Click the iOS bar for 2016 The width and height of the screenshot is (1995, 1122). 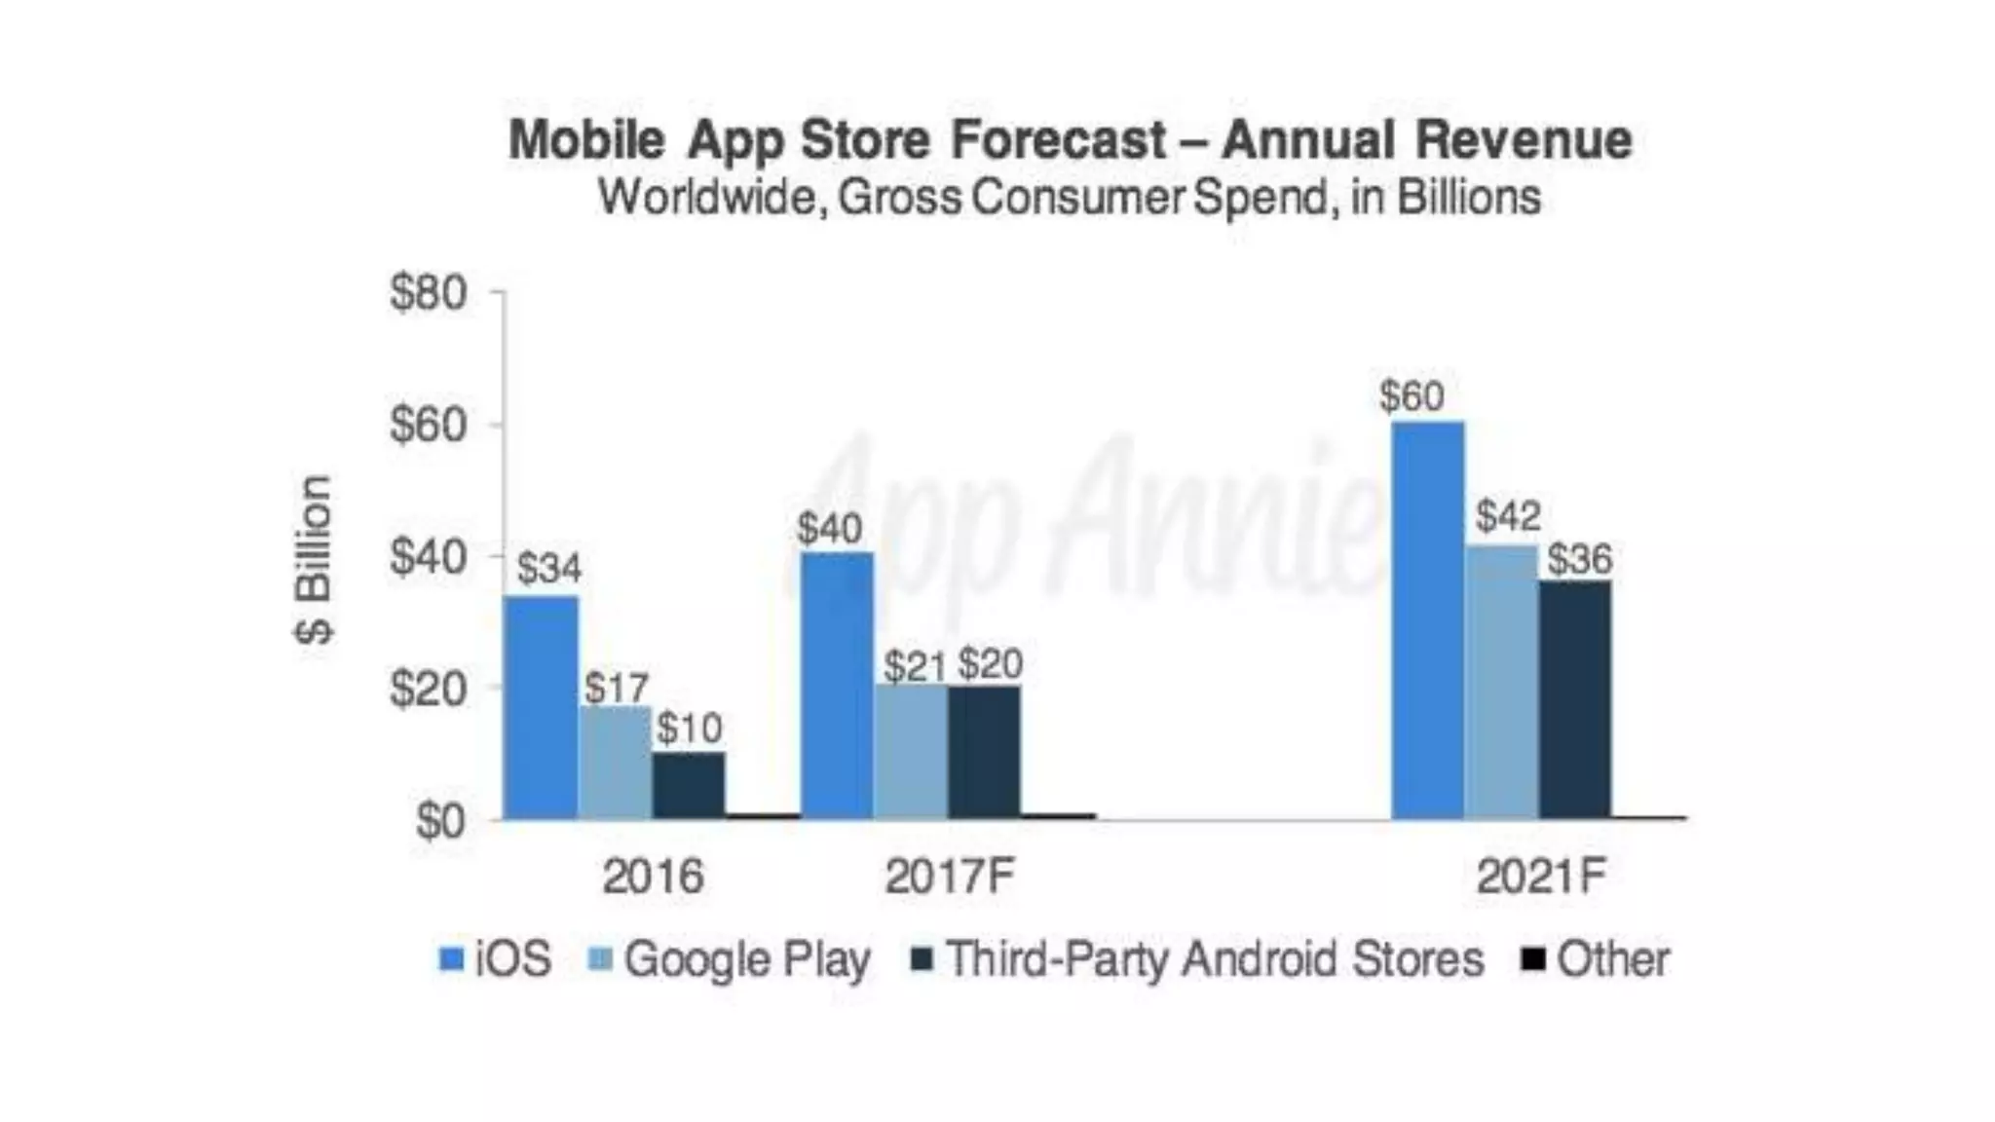pyautogui.click(x=541, y=708)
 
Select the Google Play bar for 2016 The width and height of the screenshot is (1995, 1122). pyautogui.click(x=616, y=763)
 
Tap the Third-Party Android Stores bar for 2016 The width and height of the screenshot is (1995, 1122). pyautogui.click(x=689, y=785)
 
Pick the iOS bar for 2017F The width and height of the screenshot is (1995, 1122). pyautogui.click(x=837, y=686)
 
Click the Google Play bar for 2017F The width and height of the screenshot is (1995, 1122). pyautogui.click(x=911, y=751)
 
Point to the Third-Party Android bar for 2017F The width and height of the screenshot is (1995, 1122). pyautogui.click(x=984, y=752)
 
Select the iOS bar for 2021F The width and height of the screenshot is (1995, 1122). pyautogui.click(x=1427, y=620)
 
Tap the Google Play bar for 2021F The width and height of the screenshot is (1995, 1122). pyautogui.click(x=1501, y=682)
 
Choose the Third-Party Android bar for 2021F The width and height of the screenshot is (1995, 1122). pyautogui.click(x=1575, y=699)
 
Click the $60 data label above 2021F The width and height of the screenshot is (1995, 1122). pyautogui.click(x=1412, y=396)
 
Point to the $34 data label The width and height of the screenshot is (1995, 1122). pyautogui.click(x=549, y=568)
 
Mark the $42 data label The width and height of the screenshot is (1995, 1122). pyautogui.click(x=1507, y=515)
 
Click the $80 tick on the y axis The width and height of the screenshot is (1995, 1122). pyautogui.click(x=429, y=292)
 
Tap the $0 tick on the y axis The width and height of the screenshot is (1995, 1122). pyautogui.click(x=441, y=821)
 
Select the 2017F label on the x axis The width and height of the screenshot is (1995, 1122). pyautogui.click(x=949, y=877)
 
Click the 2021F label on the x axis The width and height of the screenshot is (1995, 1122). pyautogui.click(x=1540, y=877)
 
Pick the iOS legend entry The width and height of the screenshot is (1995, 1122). pyautogui.click(x=496, y=959)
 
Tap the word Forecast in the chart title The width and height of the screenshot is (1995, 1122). pyautogui.click(x=1058, y=139)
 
